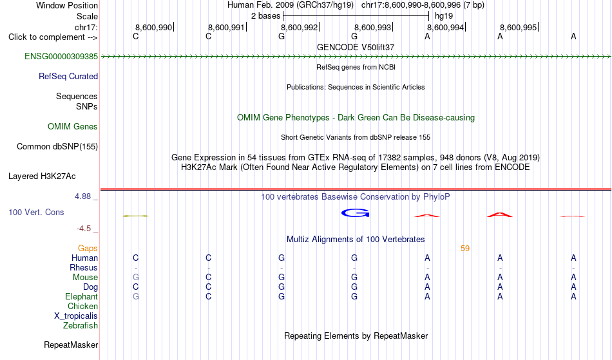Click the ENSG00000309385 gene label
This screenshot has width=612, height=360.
(61, 57)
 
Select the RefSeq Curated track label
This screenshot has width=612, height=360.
(68, 77)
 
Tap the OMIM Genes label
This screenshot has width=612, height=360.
(73, 127)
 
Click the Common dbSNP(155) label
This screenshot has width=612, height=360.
(57, 147)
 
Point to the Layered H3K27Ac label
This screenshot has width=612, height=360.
(42, 176)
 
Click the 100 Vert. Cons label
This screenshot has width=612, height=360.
(36, 212)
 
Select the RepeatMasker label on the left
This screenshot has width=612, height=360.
(71, 345)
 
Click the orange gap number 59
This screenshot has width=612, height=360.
(465, 249)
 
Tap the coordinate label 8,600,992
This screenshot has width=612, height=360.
(300, 27)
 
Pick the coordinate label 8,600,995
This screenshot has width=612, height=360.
(519, 27)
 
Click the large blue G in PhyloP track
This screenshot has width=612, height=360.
(355, 213)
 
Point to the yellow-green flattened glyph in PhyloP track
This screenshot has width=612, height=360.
(135, 216)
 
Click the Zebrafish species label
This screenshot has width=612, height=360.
(81, 326)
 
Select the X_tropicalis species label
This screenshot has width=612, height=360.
(76, 316)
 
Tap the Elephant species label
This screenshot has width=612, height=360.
(81, 297)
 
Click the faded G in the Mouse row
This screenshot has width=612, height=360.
(136, 278)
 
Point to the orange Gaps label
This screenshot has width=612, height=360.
(88, 249)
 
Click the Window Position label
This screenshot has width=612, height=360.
(67, 5)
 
